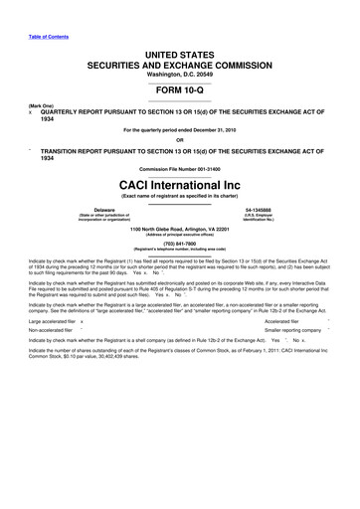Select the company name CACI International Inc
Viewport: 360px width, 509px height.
point(179,184)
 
